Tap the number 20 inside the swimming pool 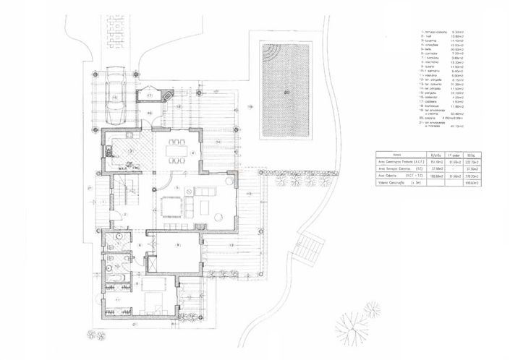pyautogui.click(x=286, y=92)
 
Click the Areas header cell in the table pyautogui.click(x=396, y=155)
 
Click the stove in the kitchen pyautogui.click(x=106, y=150)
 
